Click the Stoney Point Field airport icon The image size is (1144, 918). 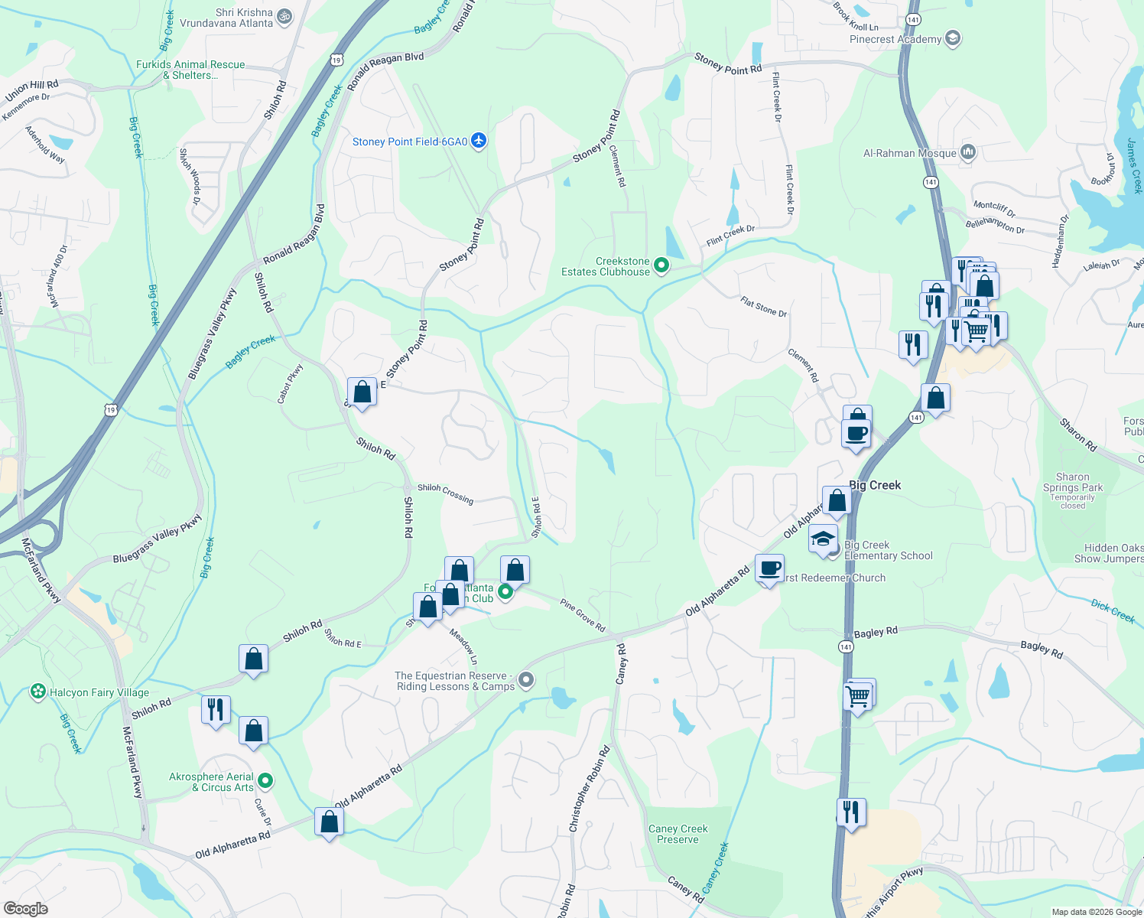479,141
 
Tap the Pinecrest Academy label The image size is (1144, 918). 895,39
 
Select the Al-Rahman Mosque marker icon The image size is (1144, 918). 967,152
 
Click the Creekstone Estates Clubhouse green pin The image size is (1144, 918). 661,265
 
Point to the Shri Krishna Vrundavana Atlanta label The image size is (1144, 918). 226,18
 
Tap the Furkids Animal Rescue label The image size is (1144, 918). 190,70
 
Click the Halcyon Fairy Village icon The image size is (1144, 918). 38,692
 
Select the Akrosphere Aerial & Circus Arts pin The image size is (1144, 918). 265,781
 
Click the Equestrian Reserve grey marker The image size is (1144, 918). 526,679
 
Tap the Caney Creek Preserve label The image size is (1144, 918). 678,834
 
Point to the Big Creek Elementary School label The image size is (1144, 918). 888,550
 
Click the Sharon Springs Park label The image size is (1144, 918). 1073,482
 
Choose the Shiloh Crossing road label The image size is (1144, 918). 446,493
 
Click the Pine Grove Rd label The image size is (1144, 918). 583,615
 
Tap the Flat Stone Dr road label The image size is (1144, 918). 763,307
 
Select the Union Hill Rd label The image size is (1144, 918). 31,90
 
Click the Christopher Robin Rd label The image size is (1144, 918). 589,789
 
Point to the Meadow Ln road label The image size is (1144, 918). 463,646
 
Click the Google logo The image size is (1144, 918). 25,909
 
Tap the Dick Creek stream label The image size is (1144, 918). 1113,611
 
